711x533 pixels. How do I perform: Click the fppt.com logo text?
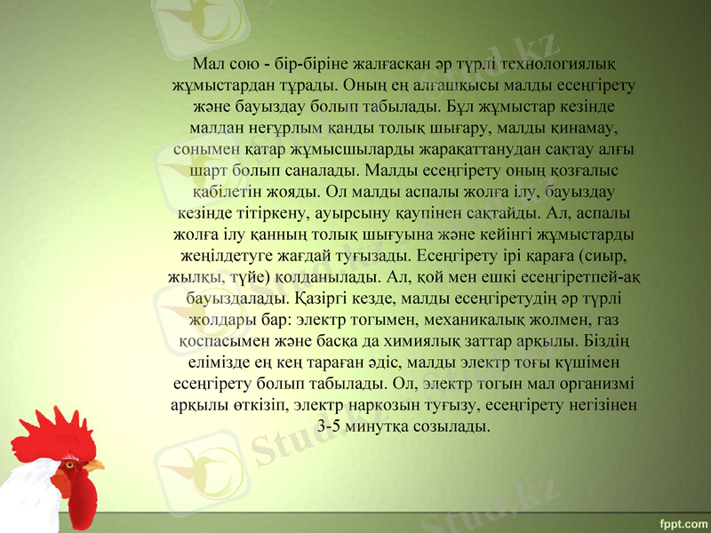pos(684,518)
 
